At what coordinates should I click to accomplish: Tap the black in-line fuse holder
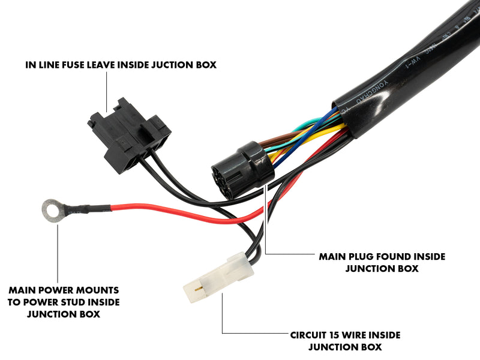coord(128,136)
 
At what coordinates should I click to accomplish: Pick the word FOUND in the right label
coord(395,256)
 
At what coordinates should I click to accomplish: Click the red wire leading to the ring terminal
coord(180,211)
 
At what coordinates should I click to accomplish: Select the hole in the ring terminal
coord(51,209)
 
